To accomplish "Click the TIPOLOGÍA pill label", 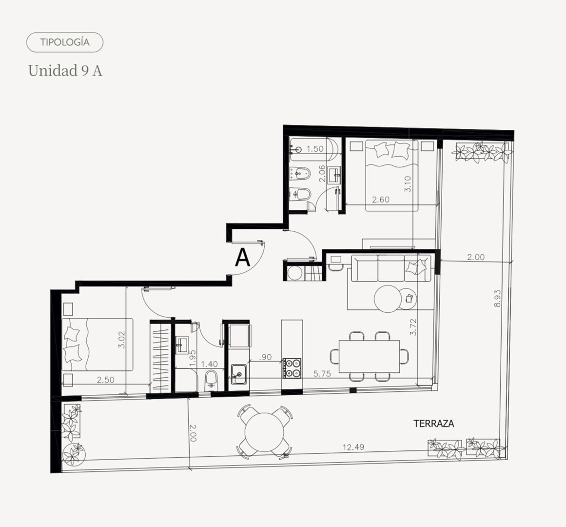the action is point(65,42).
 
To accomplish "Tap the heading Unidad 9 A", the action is point(65,70).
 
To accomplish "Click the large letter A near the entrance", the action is point(243,258).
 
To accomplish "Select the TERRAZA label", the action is point(433,424).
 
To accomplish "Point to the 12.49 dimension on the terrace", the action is point(353,447).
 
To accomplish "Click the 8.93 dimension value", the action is point(497,298).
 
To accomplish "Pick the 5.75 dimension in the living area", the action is point(322,374).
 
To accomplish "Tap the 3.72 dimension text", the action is point(413,327).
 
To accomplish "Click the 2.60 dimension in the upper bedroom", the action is point(381,200).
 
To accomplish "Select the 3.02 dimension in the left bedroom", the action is point(121,340).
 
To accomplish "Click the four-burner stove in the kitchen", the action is point(292,368).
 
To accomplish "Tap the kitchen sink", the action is point(239,374).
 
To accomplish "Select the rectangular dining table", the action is point(369,356).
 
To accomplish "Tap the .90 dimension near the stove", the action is point(265,357).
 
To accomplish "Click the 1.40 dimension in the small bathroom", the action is point(210,365).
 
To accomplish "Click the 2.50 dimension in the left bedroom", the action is point(106,380).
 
